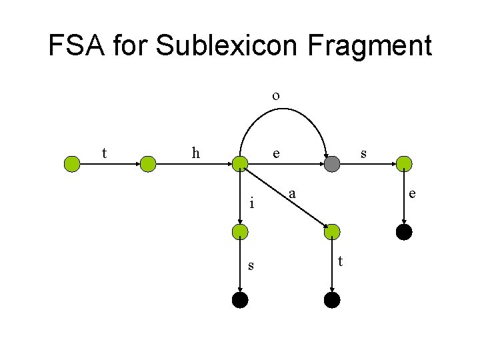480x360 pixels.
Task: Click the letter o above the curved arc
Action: (275, 95)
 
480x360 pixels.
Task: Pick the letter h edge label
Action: (195, 153)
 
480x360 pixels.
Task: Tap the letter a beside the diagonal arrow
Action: (292, 194)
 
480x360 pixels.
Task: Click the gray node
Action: (331, 164)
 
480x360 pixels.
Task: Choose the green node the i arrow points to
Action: (240, 232)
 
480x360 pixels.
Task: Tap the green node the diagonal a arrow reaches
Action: (331, 232)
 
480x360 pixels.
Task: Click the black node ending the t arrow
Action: (331, 300)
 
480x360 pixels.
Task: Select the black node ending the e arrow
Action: (404, 232)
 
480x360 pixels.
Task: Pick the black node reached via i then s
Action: (240, 300)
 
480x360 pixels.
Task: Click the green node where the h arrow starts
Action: (148, 164)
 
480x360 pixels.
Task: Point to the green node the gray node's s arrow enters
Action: (404, 164)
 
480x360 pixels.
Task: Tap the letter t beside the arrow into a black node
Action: (341, 261)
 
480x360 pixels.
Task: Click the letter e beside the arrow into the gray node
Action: (275, 153)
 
